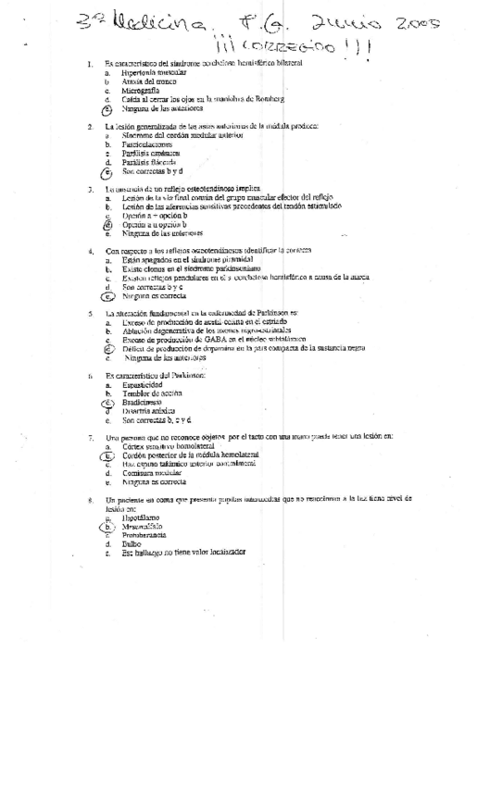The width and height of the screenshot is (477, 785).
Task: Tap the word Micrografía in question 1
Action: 137,92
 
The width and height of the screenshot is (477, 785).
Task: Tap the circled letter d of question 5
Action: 107,348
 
